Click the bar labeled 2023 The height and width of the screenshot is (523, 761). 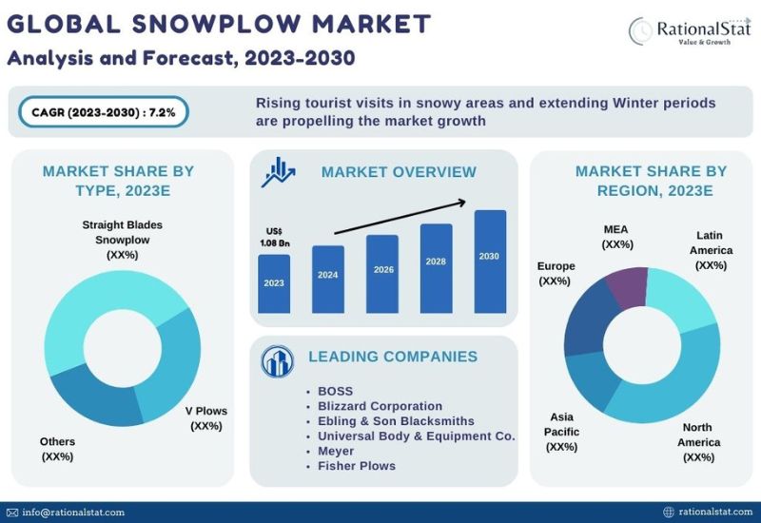pos(274,283)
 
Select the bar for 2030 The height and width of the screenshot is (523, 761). pos(490,261)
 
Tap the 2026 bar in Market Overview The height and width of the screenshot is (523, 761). pos(382,274)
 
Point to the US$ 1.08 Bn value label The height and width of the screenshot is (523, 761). pos(274,237)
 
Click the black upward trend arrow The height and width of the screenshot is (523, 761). pos(400,217)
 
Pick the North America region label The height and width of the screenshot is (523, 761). pos(699,442)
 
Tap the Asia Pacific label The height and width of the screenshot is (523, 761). pos(561,432)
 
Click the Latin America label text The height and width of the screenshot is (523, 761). pos(711,250)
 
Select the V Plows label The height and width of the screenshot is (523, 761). pos(206,418)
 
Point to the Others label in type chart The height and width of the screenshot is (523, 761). pos(57,449)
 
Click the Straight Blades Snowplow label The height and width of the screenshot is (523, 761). pos(123,240)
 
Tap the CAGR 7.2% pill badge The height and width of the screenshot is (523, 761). pos(104,112)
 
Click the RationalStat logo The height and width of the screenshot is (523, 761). pos(690,31)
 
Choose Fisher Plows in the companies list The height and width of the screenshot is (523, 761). pos(356,466)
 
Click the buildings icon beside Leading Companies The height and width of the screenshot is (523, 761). pos(277,361)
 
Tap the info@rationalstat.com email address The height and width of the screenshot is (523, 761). pos(73,513)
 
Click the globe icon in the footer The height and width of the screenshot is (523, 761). pos(669,512)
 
